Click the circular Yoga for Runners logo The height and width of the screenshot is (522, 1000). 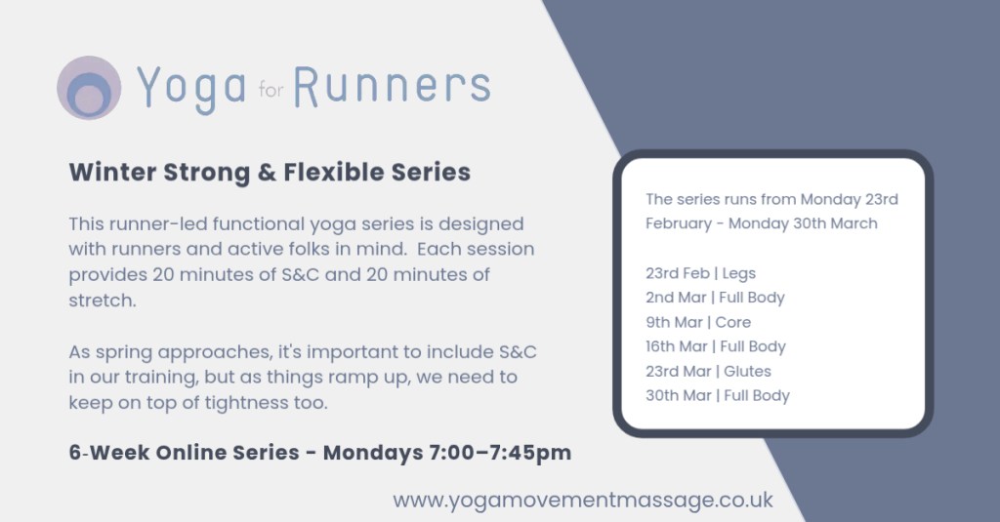pos(89,87)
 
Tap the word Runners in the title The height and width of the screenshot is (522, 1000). pos(392,87)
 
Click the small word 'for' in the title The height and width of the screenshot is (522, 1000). pos(271,90)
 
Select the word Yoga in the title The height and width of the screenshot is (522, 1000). pos(191,89)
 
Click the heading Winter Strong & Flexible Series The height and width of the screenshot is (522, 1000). pos(270,172)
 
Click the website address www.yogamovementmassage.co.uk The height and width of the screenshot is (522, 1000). pos(583,501)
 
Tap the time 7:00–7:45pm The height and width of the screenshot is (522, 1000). pos(500,453)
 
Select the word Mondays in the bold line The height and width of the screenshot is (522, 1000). pos(372,453)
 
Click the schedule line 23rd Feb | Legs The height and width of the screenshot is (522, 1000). pos(700,273)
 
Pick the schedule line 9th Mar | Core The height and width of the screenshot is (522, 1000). pos(697,323)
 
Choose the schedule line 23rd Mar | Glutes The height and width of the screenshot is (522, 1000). pos(708,372)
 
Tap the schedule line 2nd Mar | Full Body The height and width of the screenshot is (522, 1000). pos(715,298)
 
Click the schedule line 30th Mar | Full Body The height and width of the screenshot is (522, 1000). pos(718,396)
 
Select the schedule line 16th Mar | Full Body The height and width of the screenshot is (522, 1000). pos(716,346)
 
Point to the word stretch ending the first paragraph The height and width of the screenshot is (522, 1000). pos(102,301)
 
